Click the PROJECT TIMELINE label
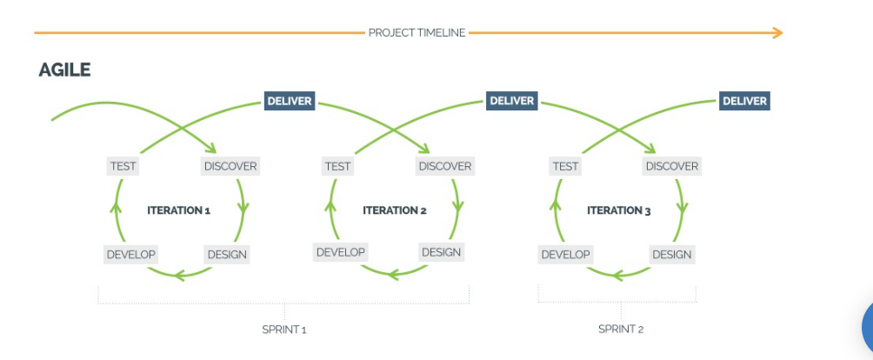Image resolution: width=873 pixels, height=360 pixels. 417,33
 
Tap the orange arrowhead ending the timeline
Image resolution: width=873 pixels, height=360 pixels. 777,33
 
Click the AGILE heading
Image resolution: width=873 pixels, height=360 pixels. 64,70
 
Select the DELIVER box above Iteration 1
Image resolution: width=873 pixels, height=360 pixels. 289,101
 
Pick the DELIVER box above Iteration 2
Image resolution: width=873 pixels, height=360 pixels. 512,101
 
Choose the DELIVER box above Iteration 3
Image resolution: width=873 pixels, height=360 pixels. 745,101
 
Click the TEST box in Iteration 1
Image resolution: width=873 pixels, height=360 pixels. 123,166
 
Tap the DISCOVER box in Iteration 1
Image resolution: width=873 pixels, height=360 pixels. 230,166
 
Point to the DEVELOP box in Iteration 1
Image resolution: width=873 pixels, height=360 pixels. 130,255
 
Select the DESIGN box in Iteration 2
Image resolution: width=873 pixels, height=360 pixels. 441,252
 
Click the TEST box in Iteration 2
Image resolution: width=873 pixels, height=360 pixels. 337,166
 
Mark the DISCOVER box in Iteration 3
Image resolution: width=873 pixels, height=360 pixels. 672,166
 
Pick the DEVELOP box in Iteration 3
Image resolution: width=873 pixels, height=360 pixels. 565,255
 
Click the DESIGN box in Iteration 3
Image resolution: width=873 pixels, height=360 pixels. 671,255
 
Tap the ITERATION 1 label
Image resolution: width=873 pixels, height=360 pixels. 179,210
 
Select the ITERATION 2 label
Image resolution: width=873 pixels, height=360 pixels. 395,210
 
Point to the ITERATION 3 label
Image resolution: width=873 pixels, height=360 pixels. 619,210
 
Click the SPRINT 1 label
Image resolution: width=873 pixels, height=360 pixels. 284,330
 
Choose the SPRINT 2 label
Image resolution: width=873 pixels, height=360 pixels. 621,330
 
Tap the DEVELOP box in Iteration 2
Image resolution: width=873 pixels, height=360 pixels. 340,252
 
